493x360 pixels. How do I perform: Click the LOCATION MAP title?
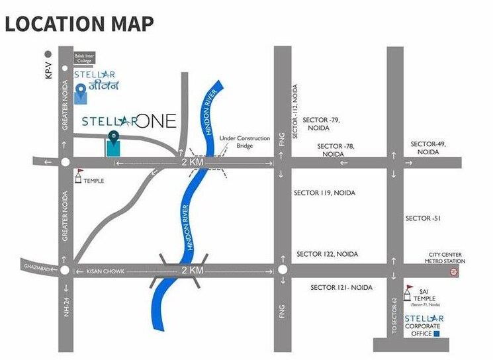tap(79, 23)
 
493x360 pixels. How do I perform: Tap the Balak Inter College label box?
tap(83, 58)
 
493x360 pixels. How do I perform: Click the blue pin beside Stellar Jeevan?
tap(81, 93)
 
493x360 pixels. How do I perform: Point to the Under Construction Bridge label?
tap(244, 142)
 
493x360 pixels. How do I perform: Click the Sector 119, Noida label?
tap(324, 193)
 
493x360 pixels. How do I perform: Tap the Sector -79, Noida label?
tap(321, 124)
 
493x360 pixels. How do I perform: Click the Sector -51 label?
tap(422, 218)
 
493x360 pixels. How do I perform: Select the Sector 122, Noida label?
tap(327, 254)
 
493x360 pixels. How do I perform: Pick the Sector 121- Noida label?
tap(341, 288)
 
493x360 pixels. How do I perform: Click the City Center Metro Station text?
tap(444, 258)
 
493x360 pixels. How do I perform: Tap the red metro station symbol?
tap(454, 271)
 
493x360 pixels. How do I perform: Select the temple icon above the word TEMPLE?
tap(79, 173)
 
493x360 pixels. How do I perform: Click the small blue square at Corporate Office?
tap(436, 334)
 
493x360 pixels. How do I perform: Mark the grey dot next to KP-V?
tap(48, 54)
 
